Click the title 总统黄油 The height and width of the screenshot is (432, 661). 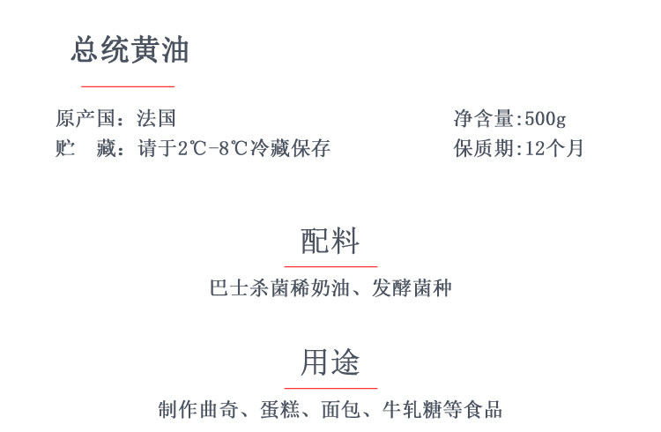pos(130,51)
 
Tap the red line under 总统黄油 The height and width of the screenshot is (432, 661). pos(128,86)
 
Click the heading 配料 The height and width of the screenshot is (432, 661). pos(330,241)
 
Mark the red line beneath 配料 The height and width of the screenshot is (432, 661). pos(330,265)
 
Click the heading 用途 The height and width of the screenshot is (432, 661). pos(330,362)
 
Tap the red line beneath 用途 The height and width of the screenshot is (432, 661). pos(330,387)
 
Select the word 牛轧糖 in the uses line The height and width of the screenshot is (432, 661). pos(412,410)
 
